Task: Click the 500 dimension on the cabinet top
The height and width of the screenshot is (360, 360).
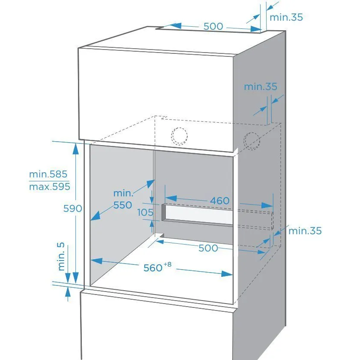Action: [x=213, y=26]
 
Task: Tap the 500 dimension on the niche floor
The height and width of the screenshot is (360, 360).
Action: [x=208, y=248]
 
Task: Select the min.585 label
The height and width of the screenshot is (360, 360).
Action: [x=48, y=174]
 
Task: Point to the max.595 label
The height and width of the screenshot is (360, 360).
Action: [x=50, y=186]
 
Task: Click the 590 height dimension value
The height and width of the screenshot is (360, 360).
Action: [x=72, y=208]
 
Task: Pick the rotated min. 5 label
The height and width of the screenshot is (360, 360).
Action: [x=61, y=257]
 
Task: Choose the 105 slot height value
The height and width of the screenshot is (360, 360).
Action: [x=145, y=212]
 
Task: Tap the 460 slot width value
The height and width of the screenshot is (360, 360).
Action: [x=220, y=201]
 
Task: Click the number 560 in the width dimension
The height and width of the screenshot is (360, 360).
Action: [x=153, y=268]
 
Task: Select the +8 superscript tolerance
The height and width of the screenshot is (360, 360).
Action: [x=168, y=264]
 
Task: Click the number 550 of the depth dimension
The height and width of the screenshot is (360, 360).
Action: [x=123, y=205]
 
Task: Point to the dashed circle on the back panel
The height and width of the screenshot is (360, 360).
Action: [x=179, y=136]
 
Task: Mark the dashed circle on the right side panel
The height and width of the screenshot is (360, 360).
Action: [x=252, y=141]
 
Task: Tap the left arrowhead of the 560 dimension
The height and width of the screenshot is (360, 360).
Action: [x=96, y=261]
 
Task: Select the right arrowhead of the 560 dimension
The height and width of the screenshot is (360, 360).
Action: [x=227, y=274]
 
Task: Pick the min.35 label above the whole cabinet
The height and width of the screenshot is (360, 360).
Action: [x=286, y=17]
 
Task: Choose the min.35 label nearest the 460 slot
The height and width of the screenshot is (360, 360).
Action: [x=305, y=231]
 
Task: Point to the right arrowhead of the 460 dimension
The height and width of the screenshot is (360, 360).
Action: [x=267, y=205]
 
